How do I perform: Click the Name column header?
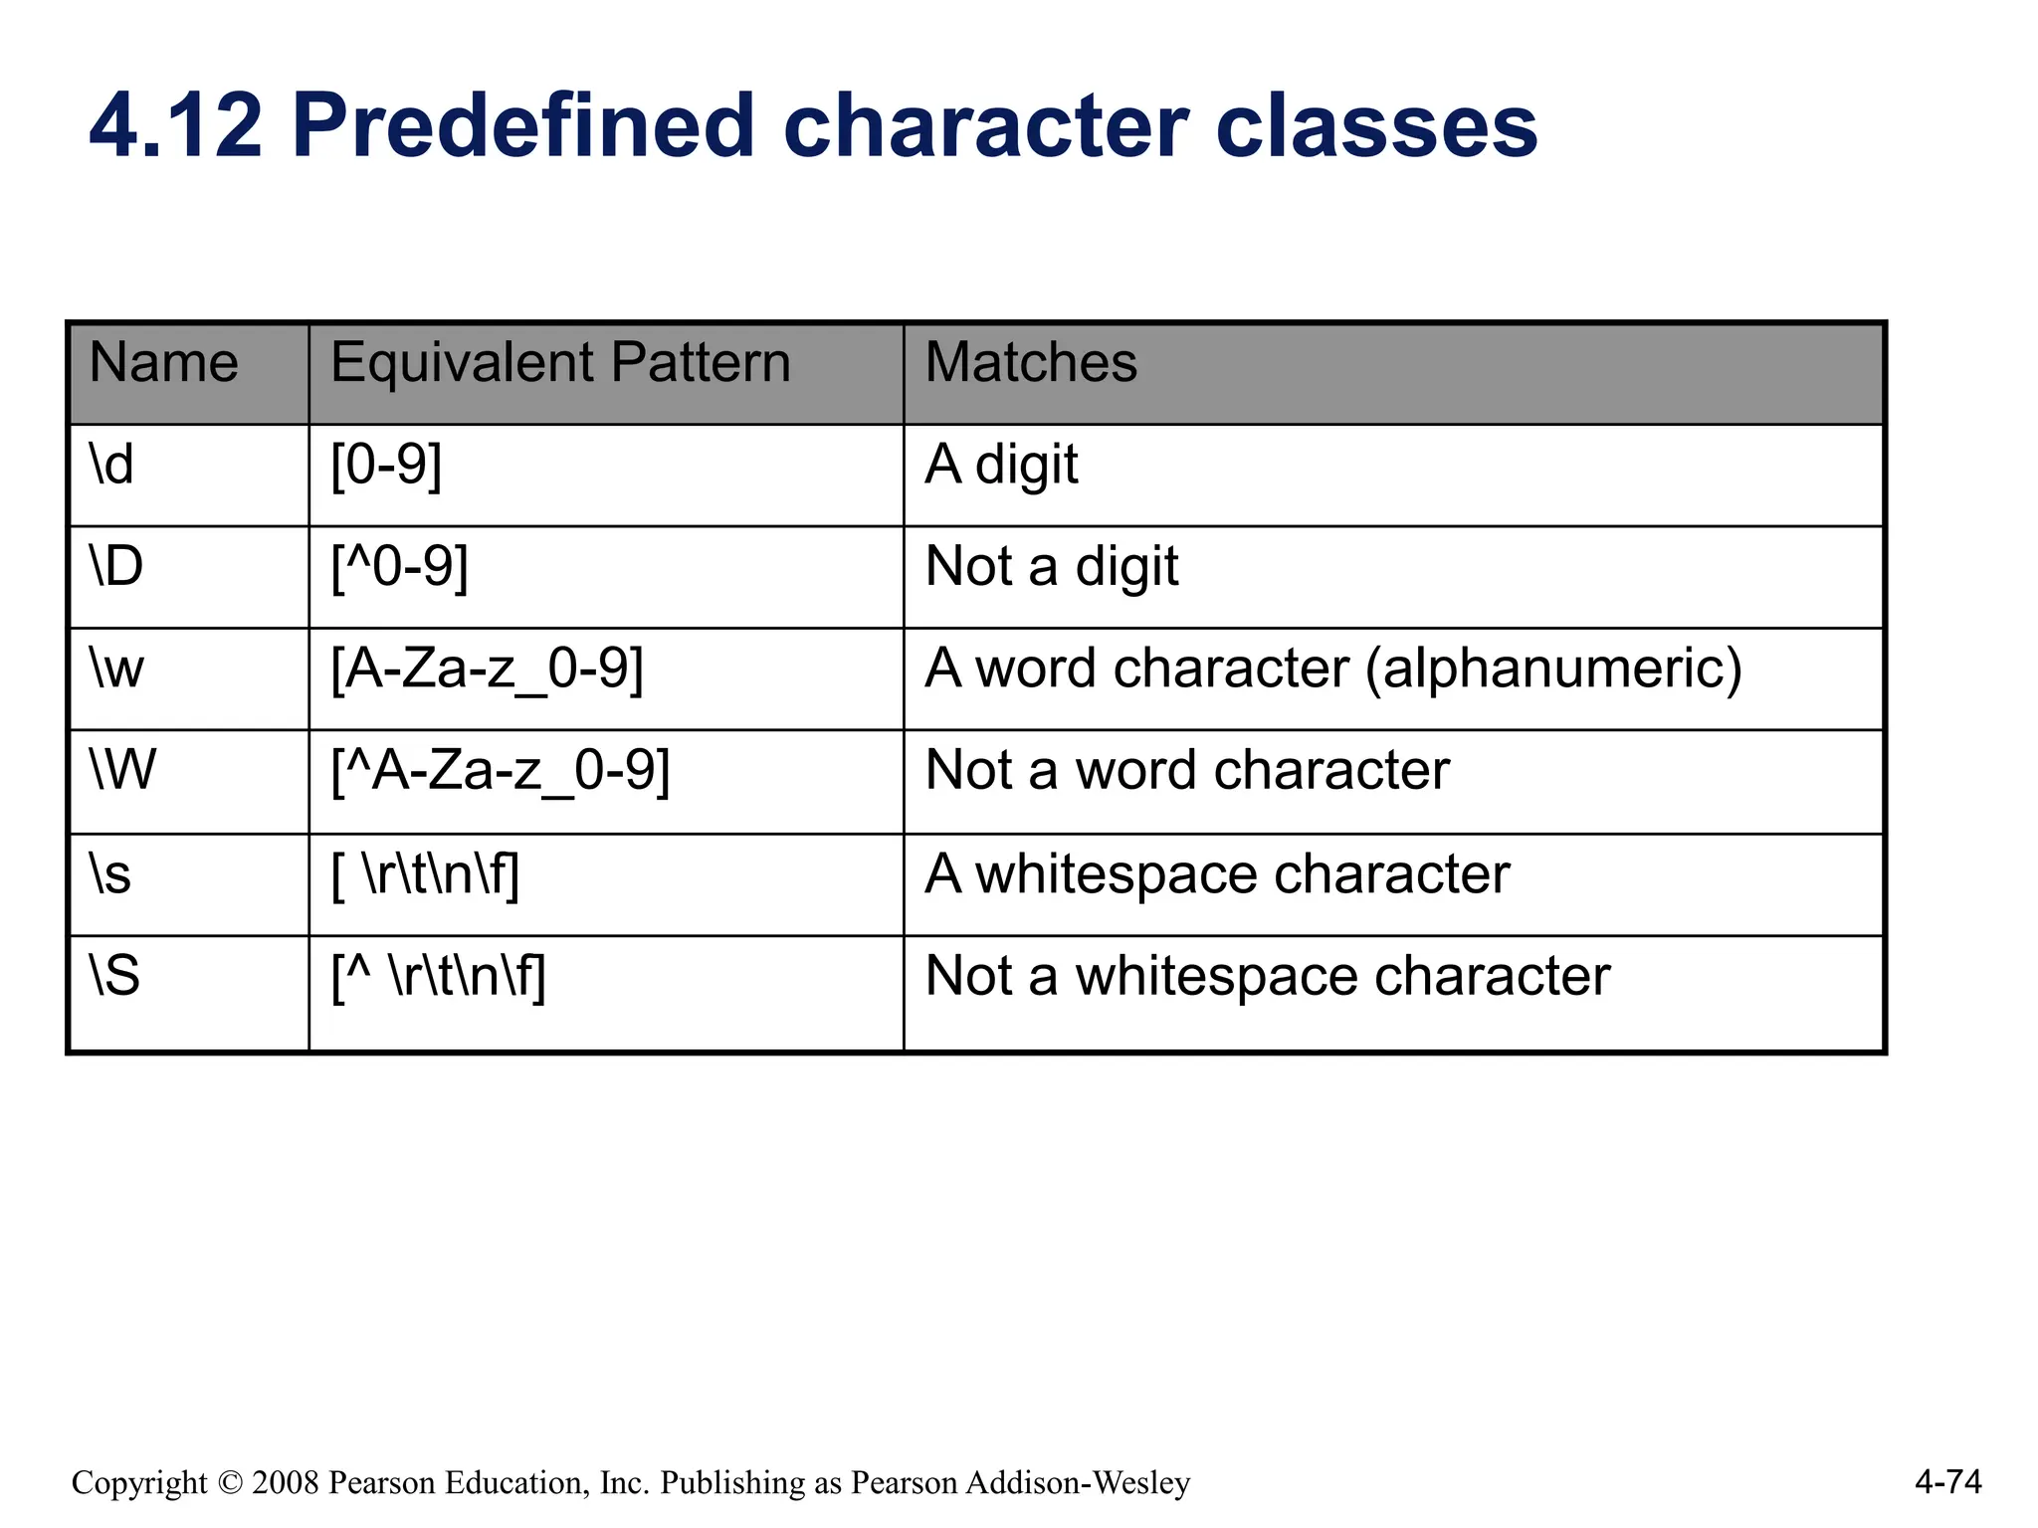pyautogui.click(x=164, y=363)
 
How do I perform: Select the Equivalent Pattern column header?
pyautogui.click(x=560, y=363)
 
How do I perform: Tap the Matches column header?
pyautogui.click(x=1031, y=363)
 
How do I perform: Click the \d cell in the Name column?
pyautogui.click(x=111, y=466)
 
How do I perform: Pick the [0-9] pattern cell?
pyautogui.click(x=386, y=466)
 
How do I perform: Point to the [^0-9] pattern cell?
pyautogui.click(x=399, y=567)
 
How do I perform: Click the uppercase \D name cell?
pyautogui.click(x=116, y=567)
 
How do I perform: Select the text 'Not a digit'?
pyautogui.click(x=1051, y=567)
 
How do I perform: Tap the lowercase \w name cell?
pyautogui.click(x=116, y=668)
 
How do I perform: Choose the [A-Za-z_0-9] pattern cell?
pyautogui.click(x=487, y=668)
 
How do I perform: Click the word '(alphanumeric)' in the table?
pyautogui.click(x=1553, y=668)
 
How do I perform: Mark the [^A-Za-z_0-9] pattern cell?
pyautogui.click(x=501, y=771)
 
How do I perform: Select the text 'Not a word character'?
pyautogui.click(x=1186, y=771)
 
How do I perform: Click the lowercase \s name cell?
pyautogui.click(x=110, y=875)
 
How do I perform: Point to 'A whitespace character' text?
pyautogui.click(x=1216, y=875)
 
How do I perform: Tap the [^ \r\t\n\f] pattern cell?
pyautogui.click(x=438, y=977)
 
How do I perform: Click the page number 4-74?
pyautogui.click(x=1947, y=1482)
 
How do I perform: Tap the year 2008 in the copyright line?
pyautogui.click(x=285, y=1483)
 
